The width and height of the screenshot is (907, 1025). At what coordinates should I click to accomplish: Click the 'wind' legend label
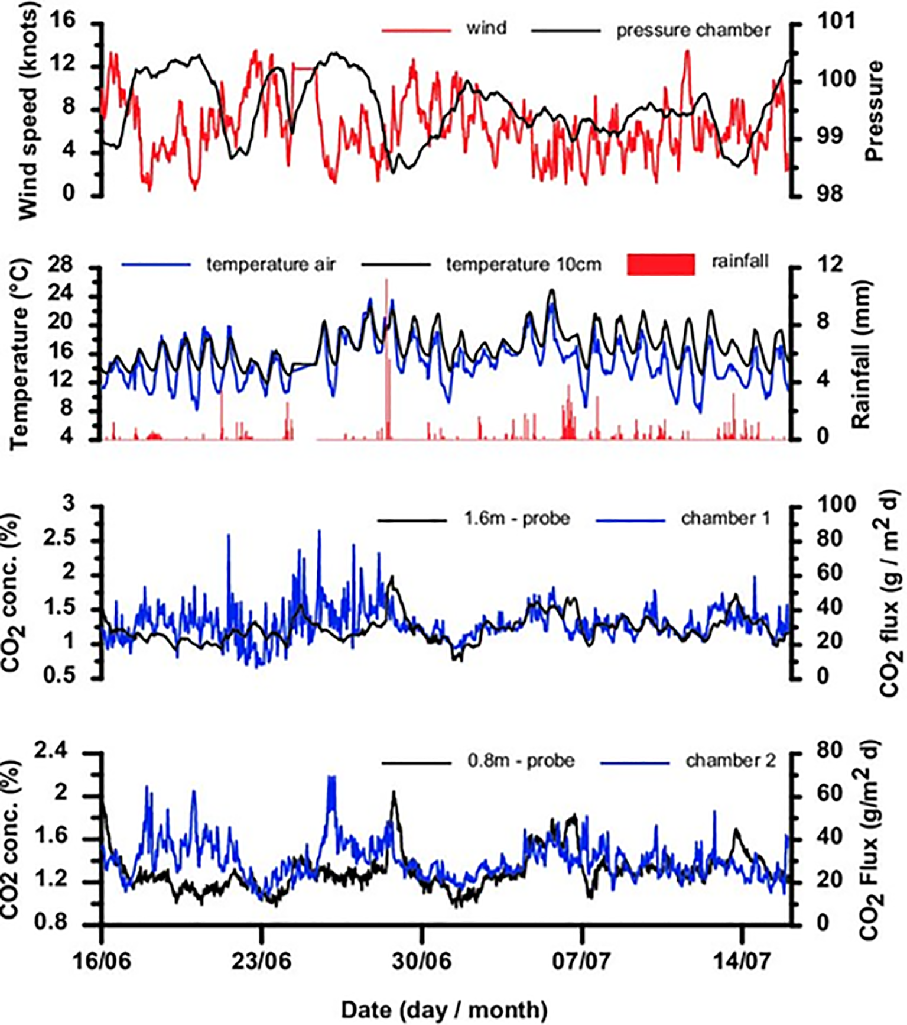pyautogui.click(x=486, y=28)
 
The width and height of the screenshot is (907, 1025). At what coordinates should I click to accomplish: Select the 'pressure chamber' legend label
pyautogui.click(x=693, y=30)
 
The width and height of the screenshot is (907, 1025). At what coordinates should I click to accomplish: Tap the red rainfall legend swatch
pyautogui.click(x=661, y=264)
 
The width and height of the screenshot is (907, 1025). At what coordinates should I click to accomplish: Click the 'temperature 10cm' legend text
pyautogui.click(x=524, y=264)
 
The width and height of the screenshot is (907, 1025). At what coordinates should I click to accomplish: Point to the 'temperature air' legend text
pyautogui.click(x=271, y=264)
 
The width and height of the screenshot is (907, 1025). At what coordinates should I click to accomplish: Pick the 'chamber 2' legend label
pyautogui.click(x=731, y=760)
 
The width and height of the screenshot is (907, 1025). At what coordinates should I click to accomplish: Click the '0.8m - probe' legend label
pyautogui.click(x=521, y=760)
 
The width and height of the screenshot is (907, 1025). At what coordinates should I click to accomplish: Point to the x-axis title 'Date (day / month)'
pyautogui.click(x=444, y=1009)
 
